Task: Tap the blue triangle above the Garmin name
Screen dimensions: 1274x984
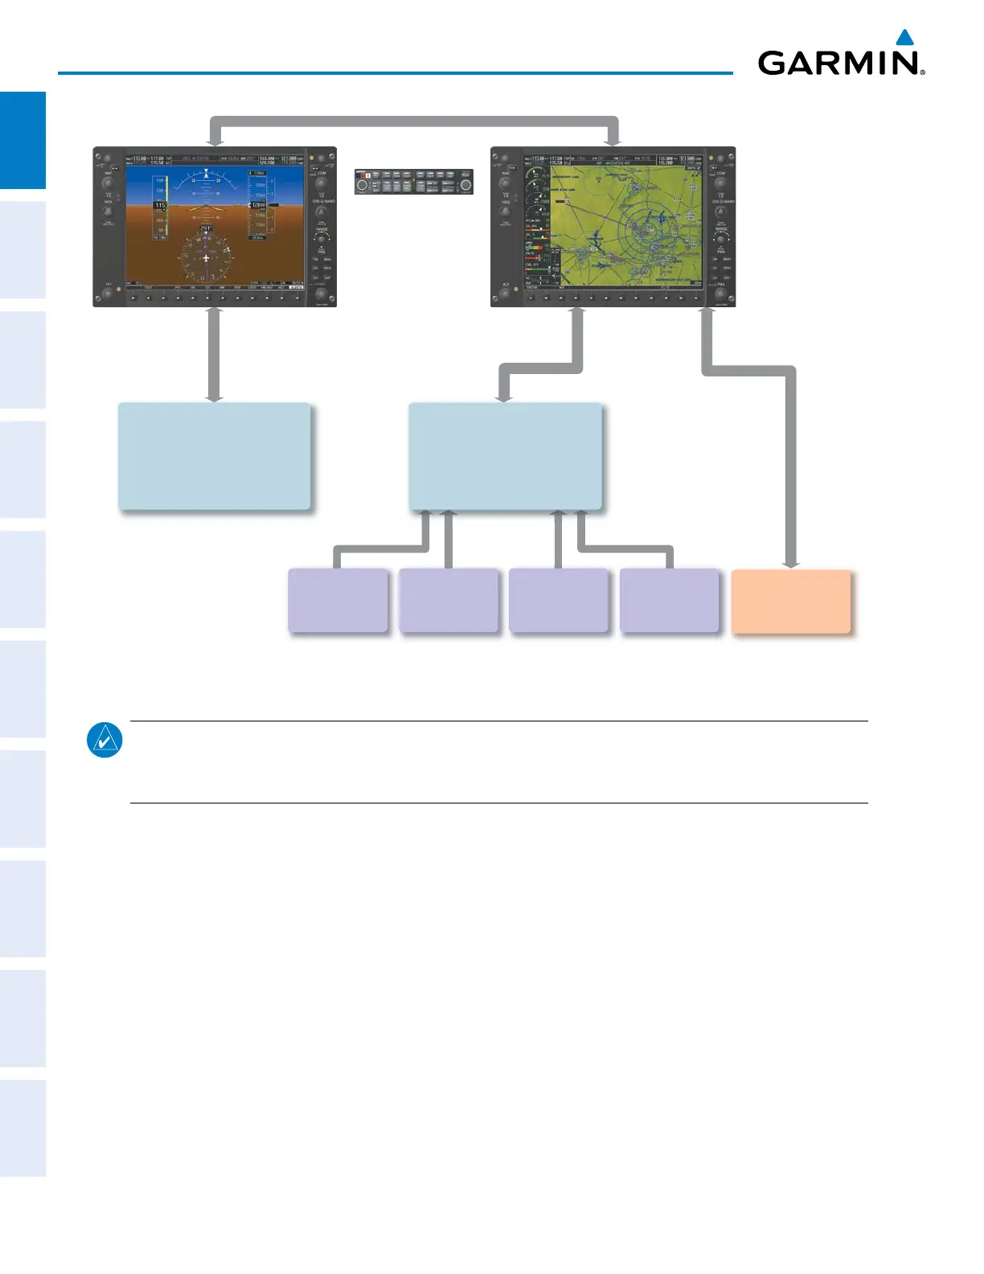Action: click(x=905, y=37)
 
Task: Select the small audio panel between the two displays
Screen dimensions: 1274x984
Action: click(x=414, y=182)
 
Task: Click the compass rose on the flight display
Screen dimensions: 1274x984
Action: click(x=207, y=257)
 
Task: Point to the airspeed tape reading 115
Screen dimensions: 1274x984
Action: click(x=160, y=206)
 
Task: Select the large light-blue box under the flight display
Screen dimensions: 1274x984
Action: click(x=215, y=456)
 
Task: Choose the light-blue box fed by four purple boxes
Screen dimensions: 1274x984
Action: click(x=505, y=456)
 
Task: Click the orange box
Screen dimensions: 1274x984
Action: click(x=791, y=602)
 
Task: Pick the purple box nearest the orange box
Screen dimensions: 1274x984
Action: click(x=669, y=601)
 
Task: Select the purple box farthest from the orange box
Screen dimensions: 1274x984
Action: click(x=338, y=601)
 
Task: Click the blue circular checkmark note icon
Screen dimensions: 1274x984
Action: click(x=105, y=740)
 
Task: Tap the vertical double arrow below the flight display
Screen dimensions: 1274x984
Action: click(x=214, y=354)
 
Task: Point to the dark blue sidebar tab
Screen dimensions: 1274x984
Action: click(x=23, y=140)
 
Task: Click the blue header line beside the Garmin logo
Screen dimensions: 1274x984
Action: click(x=394, y=73)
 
